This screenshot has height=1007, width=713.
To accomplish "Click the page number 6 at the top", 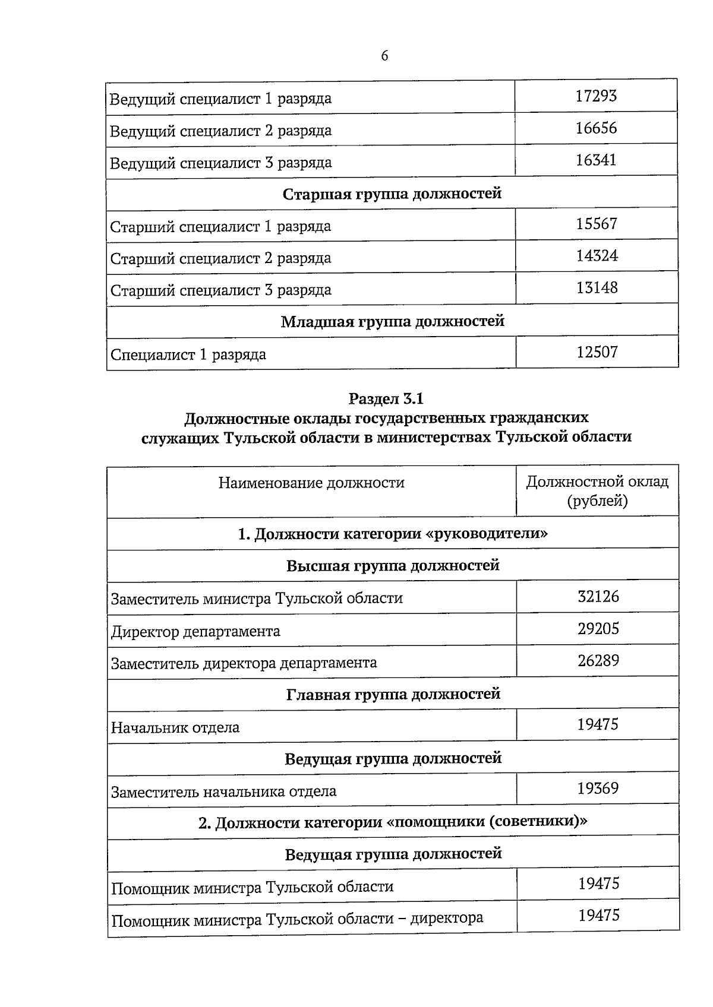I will pyautogui.click(x=384, y=56).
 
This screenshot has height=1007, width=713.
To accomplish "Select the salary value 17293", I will pyautogui.click(x=596, y=96).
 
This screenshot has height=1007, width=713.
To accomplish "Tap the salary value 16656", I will pyautogui.click(x=596, y=128).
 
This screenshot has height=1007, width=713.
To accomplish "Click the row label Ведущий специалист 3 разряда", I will pyautogui.click(x=221, y=163).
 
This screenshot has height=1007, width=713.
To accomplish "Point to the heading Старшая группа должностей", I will pyautogui.click(x=392, y=194).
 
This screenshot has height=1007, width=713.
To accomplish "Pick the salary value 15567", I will pyautogui.click(x=597, y=224).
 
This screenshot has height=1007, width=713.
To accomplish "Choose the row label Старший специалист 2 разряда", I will pyautogui.click(x=221, y=259).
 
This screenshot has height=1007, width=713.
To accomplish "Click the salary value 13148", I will pyautogui.click(x=597, y=288).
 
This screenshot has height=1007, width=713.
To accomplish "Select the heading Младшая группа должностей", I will pyautogui.click(x=392, y=321).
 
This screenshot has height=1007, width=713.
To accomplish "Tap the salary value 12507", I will pyautogui.click(x=597, y=353).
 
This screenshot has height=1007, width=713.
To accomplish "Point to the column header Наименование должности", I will pyautogui.click(x=311, y=483).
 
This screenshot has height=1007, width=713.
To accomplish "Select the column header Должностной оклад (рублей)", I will pyautogui.click(x=597, y=491).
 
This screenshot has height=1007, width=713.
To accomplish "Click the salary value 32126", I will pyautogui.click(x=598, y=596).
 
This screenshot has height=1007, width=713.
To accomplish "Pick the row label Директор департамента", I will pyautogui.click(x=195, y=631).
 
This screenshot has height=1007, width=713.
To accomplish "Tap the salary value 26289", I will pyautogui.click(x=598, y=660).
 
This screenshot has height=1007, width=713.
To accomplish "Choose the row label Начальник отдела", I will pyautogui.click(x=175, y=727).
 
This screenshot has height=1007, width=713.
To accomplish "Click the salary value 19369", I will pyautogui.click(x=598, y=788).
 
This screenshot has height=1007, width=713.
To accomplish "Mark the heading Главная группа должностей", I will pyautogui.click(x=393, y=694).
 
